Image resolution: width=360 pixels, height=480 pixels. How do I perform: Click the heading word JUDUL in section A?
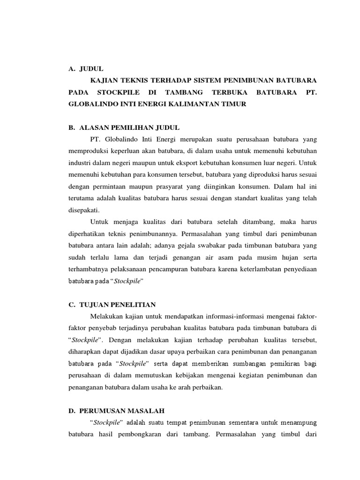91,68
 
